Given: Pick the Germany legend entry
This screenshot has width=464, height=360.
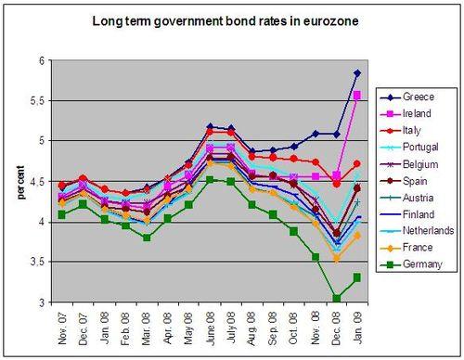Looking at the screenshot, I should (423, 264).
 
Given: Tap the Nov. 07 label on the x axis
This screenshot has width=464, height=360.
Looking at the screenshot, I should (62, 329).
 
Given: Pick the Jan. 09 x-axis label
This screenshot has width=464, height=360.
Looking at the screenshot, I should (358, 329).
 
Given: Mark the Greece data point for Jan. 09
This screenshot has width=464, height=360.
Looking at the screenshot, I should (357, 73).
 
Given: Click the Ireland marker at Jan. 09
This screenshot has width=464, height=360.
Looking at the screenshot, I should (357, 95).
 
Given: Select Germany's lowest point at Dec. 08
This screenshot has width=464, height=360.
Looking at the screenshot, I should (336, 298).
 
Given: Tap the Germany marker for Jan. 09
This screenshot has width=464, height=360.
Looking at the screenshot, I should (357, 277).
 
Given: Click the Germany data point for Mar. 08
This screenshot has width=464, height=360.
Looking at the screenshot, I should (147, 238).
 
